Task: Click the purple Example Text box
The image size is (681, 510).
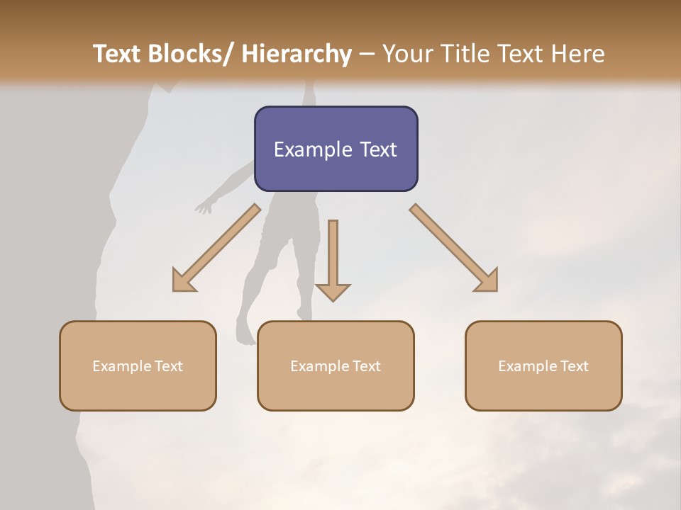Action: [336, 149]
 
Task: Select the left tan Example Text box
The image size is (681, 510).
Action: [138, 365]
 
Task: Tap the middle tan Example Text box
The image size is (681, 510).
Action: [336, 365]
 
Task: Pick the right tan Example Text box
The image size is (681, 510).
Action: [543, 365]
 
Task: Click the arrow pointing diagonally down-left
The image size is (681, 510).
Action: [216, 248]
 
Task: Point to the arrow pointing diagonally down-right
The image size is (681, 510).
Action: [454, 248]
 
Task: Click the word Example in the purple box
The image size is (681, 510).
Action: [312, 149]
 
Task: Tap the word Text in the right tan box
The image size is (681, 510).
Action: [574, 366]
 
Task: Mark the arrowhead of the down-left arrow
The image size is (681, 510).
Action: [183, 281]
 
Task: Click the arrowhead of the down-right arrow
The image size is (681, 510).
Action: [487, 281]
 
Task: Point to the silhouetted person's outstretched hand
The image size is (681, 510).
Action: [204, 208]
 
